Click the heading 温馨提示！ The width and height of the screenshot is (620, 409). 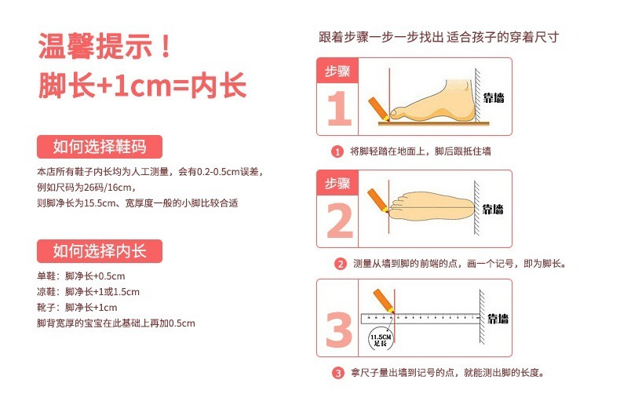click(105, 46)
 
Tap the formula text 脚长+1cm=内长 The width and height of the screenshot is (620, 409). click(142, 85)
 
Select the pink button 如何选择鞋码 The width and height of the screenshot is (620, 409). click(100, 147)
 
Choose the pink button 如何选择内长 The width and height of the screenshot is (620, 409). click(100, 251)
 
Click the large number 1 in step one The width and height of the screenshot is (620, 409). click(339, 108)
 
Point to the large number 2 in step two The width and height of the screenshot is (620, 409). click(340, 221)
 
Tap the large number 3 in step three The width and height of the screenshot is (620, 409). click(339, 330)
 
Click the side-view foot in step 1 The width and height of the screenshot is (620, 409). click(432, 100)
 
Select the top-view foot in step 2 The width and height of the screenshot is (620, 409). click(432, 207)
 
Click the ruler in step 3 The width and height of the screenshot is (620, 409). click(421, 319)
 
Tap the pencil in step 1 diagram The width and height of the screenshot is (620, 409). click(379, 109)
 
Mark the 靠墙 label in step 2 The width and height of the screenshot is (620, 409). click(493, 210)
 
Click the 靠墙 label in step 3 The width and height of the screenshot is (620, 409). click(498, 319)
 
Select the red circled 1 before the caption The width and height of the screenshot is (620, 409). click(337, 152)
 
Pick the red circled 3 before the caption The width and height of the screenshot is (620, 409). click(337, 373)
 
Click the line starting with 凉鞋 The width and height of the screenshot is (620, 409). click(88, 292)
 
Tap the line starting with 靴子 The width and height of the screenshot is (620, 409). click(77, 308)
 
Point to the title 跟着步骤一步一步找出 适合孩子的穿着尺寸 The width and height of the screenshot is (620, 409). click(439, 37)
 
